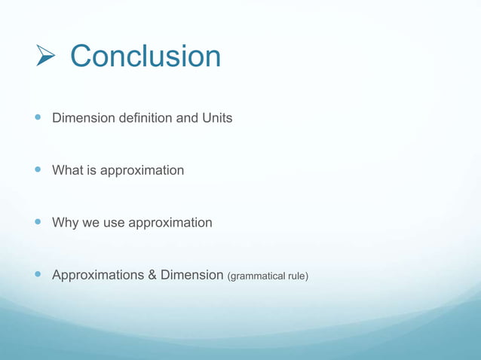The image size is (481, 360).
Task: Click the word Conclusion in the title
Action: [x=146, y=56]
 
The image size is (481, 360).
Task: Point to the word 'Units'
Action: [x=216, y=118]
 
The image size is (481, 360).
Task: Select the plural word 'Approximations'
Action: [x=97, y=276]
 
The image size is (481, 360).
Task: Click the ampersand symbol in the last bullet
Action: [x=152, y=275]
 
